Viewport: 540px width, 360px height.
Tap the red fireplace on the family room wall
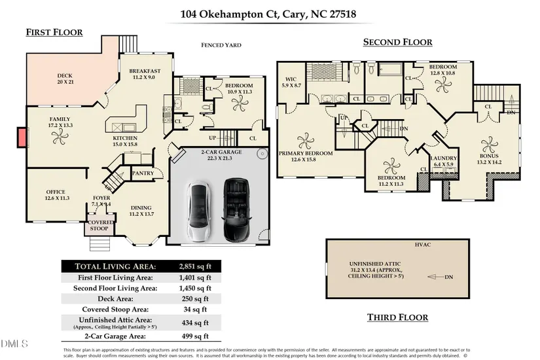point(22,137)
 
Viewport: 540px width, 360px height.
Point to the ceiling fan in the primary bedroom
point(305,141)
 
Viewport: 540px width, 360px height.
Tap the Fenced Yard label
point(221,45)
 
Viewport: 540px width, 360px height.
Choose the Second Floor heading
point(397,43)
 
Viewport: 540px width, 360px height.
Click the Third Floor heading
point(397,317)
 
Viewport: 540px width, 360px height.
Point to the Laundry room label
point(443,160)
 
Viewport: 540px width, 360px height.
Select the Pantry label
point(143,173)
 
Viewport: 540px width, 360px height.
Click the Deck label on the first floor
point(64,79)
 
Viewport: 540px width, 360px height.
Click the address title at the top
point(270,12)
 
